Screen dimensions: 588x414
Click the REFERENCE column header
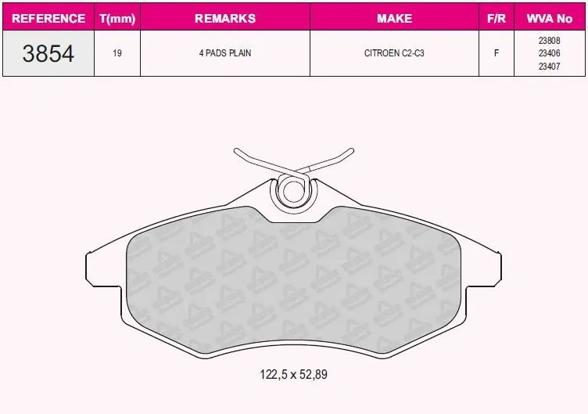pyautogui.click(x=48, y=19)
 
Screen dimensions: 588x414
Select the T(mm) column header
pyautogui.click(x=117, y=19)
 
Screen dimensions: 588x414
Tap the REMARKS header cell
pyautogui.click(x=225, y=19)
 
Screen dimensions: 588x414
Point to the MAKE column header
pyautogui.click(x=395, y=19)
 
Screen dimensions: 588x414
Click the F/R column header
pyautogui.click(x=497, y=19)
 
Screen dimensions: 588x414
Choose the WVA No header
pyautogui.click(x=550, y=19)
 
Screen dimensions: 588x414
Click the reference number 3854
pyautogui.click(x=48, y=53)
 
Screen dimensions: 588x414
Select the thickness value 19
pyautogui.click(x=117, y=53)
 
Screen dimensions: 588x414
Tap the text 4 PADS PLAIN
pyautogui.click(x=225, y=53)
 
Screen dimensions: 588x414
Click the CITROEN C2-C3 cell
pyautogui.click(x=394, y=53)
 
